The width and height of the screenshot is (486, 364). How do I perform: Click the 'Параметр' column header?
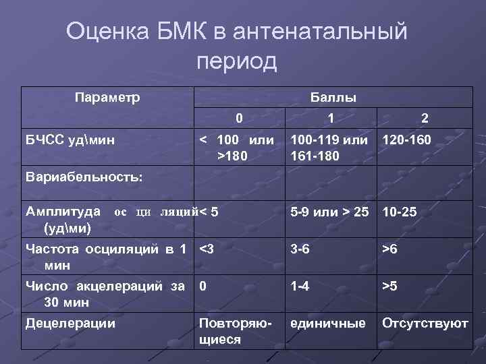[107, 97]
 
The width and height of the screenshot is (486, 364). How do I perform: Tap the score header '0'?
[239, 118]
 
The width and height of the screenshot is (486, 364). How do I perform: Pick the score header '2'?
[425, 118]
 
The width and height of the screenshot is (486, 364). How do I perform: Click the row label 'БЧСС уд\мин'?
[70, 140]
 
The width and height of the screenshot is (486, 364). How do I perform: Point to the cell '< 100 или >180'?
[237, 148]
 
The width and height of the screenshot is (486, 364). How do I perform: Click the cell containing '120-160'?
[406, 141]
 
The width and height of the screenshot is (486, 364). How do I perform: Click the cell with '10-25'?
[400, 212]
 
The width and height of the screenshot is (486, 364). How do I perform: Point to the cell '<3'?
[207, 249]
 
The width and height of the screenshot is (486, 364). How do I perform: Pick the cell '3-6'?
[300, 249]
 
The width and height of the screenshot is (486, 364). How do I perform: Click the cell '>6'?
[389, 249]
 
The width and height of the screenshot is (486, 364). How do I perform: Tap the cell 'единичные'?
[328, 323]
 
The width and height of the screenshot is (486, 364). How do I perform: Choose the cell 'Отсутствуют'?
[425, 323]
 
